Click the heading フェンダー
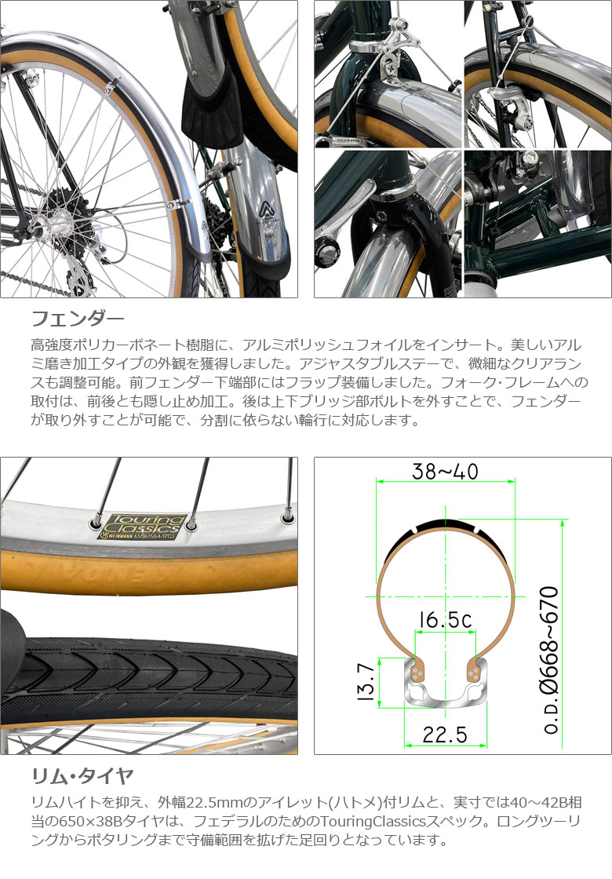(78, 319)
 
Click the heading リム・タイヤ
(82, 776)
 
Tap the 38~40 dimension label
(445, 472)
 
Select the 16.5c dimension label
(446, 619)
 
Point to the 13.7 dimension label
(365, 682)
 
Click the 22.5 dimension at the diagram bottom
(444, 735)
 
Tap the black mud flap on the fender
(212, 112)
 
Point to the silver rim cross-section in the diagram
(446, 685)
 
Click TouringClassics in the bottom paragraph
(373, 821)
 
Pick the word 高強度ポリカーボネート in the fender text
(93, 345)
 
